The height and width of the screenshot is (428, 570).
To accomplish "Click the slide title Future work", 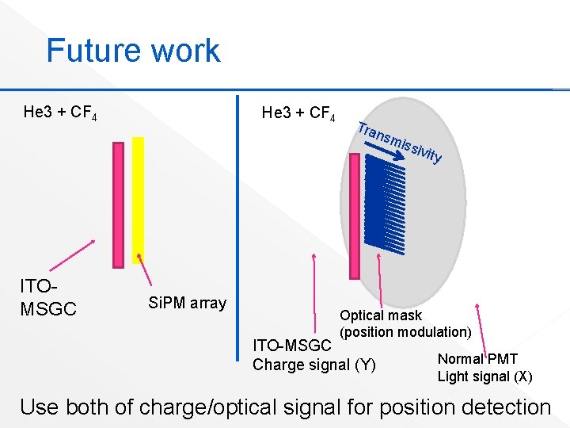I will (133, 51).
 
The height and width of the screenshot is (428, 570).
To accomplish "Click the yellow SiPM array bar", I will (138, 200).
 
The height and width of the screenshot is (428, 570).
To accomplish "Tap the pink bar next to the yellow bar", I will (119, 204).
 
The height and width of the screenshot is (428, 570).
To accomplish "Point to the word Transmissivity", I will (399, 142).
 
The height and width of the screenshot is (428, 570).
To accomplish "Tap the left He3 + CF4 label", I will (60, 113).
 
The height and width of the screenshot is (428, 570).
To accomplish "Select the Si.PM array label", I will (187, 303).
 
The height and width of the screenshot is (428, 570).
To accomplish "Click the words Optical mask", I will (381, 315).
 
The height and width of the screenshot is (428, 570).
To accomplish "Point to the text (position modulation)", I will (405, 331).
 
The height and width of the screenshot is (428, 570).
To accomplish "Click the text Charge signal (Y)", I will (313, 365).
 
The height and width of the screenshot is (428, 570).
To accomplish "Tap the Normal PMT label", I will (477, 359).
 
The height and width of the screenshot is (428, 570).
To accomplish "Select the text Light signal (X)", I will (484, 376).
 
